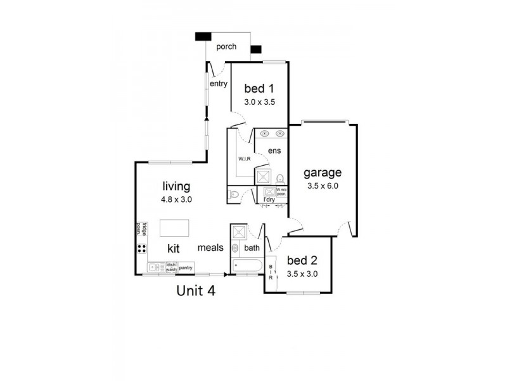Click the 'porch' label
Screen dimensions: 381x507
[226, 47]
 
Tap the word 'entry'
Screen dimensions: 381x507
[219, 83]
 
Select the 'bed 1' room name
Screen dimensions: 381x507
[259, 88]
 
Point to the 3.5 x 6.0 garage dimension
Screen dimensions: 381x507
[323, 187]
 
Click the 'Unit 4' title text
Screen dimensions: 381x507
[196, 291]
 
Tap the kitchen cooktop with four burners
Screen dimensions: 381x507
[141, 248]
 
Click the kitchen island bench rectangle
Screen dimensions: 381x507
[174, 227]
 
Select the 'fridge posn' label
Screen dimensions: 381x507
[141, 229]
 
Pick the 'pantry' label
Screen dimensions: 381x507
[186, 268]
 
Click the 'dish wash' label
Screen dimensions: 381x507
[170, 267]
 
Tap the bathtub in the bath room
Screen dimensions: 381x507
[245, 265]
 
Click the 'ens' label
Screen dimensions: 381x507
[274, 150]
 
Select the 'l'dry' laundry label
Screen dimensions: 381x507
[269, 200]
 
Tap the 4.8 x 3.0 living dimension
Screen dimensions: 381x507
[177, 199]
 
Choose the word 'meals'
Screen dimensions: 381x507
[210, 248]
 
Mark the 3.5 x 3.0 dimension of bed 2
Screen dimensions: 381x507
[302, 274]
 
